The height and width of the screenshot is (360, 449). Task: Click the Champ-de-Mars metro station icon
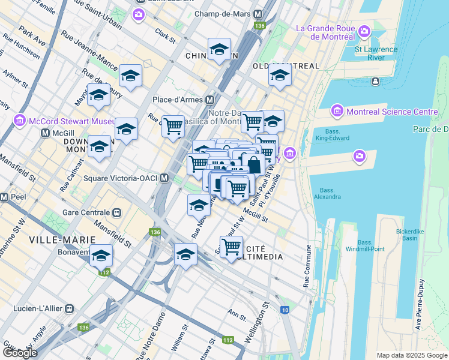coord(258,14)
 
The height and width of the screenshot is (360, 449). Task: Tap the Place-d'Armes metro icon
coord(210,99)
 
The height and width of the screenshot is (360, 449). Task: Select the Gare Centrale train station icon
coord(117,212)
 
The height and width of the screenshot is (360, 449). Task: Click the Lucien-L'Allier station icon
coord(70,308)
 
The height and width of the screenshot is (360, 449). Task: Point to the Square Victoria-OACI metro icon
coord(164,178)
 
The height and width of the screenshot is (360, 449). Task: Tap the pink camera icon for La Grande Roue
coord(364,31)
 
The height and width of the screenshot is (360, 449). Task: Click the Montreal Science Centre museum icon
coord(336,112)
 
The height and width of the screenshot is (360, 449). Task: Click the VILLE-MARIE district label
coord(51,239)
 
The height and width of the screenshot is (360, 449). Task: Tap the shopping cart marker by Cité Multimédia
coord(231,246)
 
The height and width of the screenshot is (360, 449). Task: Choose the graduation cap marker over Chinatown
coord(220,49)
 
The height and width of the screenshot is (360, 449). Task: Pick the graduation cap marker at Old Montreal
coord(280,76)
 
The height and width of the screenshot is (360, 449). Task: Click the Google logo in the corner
coord(20,353)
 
